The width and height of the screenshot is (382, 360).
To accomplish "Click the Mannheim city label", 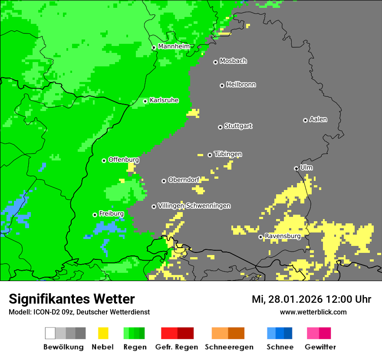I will pyautogui.click(x=174, y=46).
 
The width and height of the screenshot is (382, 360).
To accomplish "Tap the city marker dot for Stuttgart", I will pyautogui.click(x=220, y=127).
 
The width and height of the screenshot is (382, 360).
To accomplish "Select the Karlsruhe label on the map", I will pyautogui.click(x=164, y=100).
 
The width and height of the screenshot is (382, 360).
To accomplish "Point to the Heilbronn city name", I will pyautogui.click(x=241, y=85).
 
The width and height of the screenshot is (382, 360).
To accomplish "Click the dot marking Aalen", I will pyautogui.click(x=305, y=120).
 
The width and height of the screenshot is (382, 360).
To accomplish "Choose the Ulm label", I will pyautogui.click(x=306, y=167).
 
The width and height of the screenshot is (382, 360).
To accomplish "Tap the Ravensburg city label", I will pyautogui.click(x=283, y=236).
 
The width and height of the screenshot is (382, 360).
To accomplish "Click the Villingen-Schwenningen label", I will pyautogui.click(x=194, y=206).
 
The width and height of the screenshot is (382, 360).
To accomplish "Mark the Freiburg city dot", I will pyautogui.click(x=95, y=215).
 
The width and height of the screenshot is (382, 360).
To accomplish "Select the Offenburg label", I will pyautogui.click(x=123, y=160).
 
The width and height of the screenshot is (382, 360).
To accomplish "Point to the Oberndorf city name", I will pyautogui.click(x=184, y=180).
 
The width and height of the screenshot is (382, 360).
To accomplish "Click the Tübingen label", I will pyautogui.click(x=228, y=154).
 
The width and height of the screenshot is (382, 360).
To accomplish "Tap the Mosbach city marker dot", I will pyautogui.click(x=215, y=62).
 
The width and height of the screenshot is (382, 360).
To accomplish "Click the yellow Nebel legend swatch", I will pyautogui.click(x=103, y=333).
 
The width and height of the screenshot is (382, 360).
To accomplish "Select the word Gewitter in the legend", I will pyautogui.click(x=320, y=347).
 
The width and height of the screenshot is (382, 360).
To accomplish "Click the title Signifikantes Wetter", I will pyautogui.click(x=72, y=299).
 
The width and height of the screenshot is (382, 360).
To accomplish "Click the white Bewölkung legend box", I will pyautogui.click(x=50, y=333).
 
